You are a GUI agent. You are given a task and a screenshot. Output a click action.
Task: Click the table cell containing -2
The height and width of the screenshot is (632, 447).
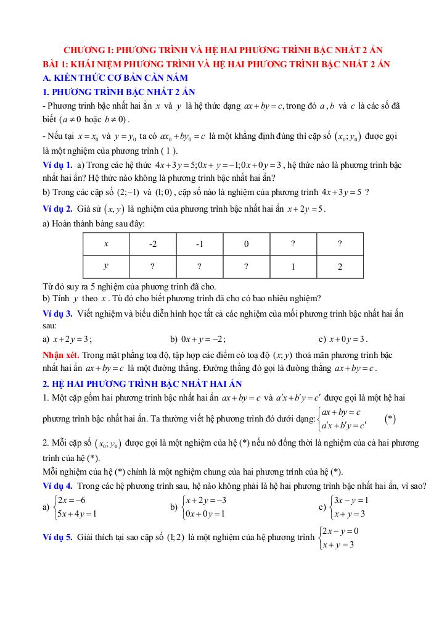(x=153, y=244)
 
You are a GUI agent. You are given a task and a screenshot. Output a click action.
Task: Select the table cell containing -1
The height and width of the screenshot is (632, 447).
(x=200, y=244)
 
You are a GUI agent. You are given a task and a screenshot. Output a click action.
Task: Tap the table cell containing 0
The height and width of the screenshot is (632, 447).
(x=246, y=244)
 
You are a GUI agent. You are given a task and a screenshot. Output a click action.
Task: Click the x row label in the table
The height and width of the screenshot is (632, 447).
(x=106, y=244)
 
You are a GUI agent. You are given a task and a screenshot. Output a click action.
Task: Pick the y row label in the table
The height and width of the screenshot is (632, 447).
(x=106, y=267)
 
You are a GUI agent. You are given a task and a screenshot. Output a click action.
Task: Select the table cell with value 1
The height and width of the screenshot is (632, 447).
(x=293, y=267)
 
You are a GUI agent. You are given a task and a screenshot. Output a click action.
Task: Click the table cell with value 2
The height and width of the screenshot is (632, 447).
(x=340, y=267)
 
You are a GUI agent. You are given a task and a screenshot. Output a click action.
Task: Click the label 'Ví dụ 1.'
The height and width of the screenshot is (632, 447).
(x=58, y=165)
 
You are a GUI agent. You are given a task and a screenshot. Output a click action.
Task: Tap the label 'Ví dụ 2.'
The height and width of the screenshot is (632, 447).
(x=58, y=209)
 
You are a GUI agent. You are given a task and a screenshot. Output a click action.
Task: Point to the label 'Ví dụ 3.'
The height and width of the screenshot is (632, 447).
(x=58, y=314)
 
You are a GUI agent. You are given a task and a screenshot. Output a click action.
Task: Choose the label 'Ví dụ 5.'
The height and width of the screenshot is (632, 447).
(x=58, y=538)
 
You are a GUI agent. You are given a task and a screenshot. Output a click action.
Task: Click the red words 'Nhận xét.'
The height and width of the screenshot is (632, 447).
(x=60, y=355)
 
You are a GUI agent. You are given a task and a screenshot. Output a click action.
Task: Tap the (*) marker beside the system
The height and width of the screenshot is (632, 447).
(x=390, y=418)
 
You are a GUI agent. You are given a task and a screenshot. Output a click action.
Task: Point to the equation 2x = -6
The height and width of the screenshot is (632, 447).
(x=72, y=500)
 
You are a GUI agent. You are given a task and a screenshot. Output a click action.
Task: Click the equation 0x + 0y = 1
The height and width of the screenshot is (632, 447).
(x=205, y=513)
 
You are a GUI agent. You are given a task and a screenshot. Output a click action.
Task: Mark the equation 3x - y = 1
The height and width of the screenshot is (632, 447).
(x=350, y=500)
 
